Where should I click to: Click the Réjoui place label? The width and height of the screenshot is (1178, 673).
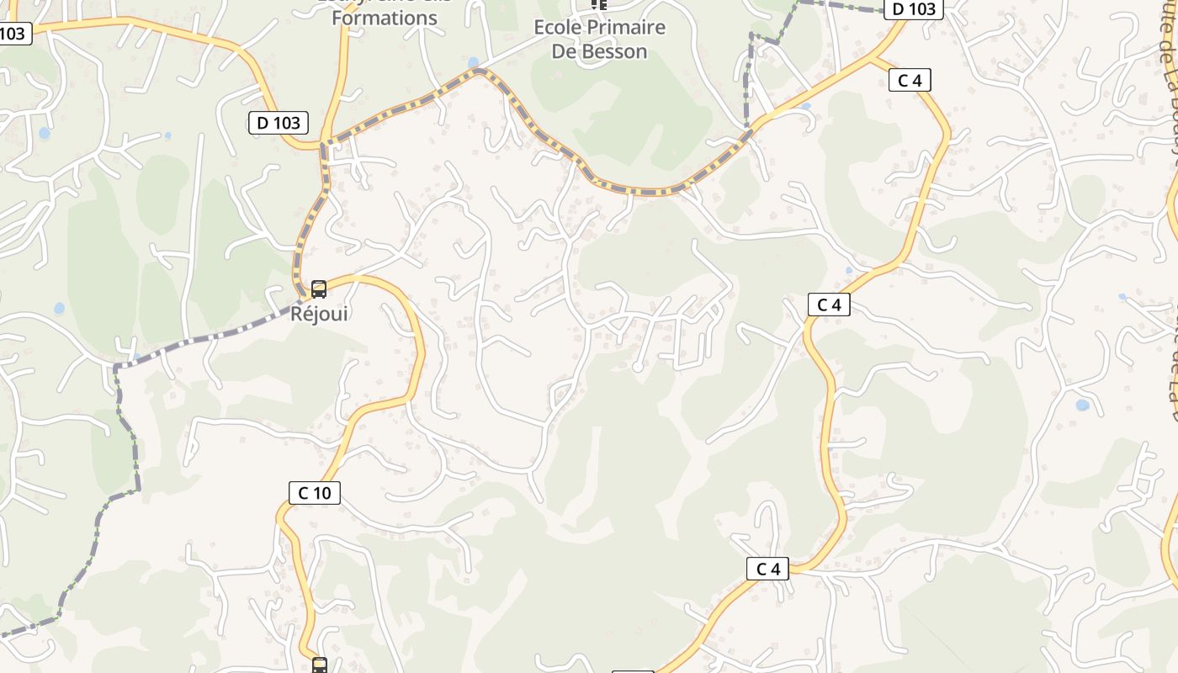319,314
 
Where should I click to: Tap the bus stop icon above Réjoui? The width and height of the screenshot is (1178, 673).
319,289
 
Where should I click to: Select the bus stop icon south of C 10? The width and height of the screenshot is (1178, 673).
320,665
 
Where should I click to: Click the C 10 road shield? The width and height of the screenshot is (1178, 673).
315,493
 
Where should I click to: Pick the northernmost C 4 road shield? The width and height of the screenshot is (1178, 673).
910,81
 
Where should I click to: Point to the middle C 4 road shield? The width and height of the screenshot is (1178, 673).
829,305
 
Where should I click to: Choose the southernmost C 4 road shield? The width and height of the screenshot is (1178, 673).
768,569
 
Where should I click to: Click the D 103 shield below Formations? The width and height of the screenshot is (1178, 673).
279,123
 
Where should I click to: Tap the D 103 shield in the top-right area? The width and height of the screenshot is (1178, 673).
913,9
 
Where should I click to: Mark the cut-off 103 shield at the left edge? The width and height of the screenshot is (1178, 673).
14,34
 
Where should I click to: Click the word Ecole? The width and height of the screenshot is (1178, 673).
558,28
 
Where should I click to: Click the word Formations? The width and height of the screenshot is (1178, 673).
385,18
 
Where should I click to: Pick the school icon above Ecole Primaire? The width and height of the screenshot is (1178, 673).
598,4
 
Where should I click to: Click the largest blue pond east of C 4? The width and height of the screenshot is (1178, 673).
1082,405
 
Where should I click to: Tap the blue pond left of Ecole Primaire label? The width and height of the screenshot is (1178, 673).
473,62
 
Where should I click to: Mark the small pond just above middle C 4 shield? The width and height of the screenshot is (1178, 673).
848,270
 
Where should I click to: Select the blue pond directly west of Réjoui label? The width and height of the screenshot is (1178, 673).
59,309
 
